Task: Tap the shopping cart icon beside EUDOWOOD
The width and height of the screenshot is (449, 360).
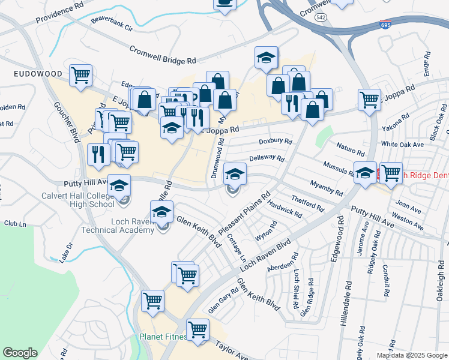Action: click(80, 76)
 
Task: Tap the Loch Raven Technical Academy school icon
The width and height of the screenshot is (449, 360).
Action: click(161, 212)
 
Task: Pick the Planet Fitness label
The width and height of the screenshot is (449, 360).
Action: click(163, 337)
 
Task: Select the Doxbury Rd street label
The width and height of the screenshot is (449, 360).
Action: click(275, 142)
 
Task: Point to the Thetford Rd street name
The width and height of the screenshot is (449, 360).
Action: click(307, 203)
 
